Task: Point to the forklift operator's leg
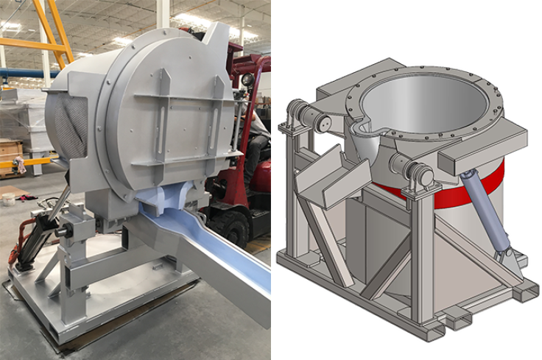click(255, 158)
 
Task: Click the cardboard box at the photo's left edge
click(10, 151)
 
